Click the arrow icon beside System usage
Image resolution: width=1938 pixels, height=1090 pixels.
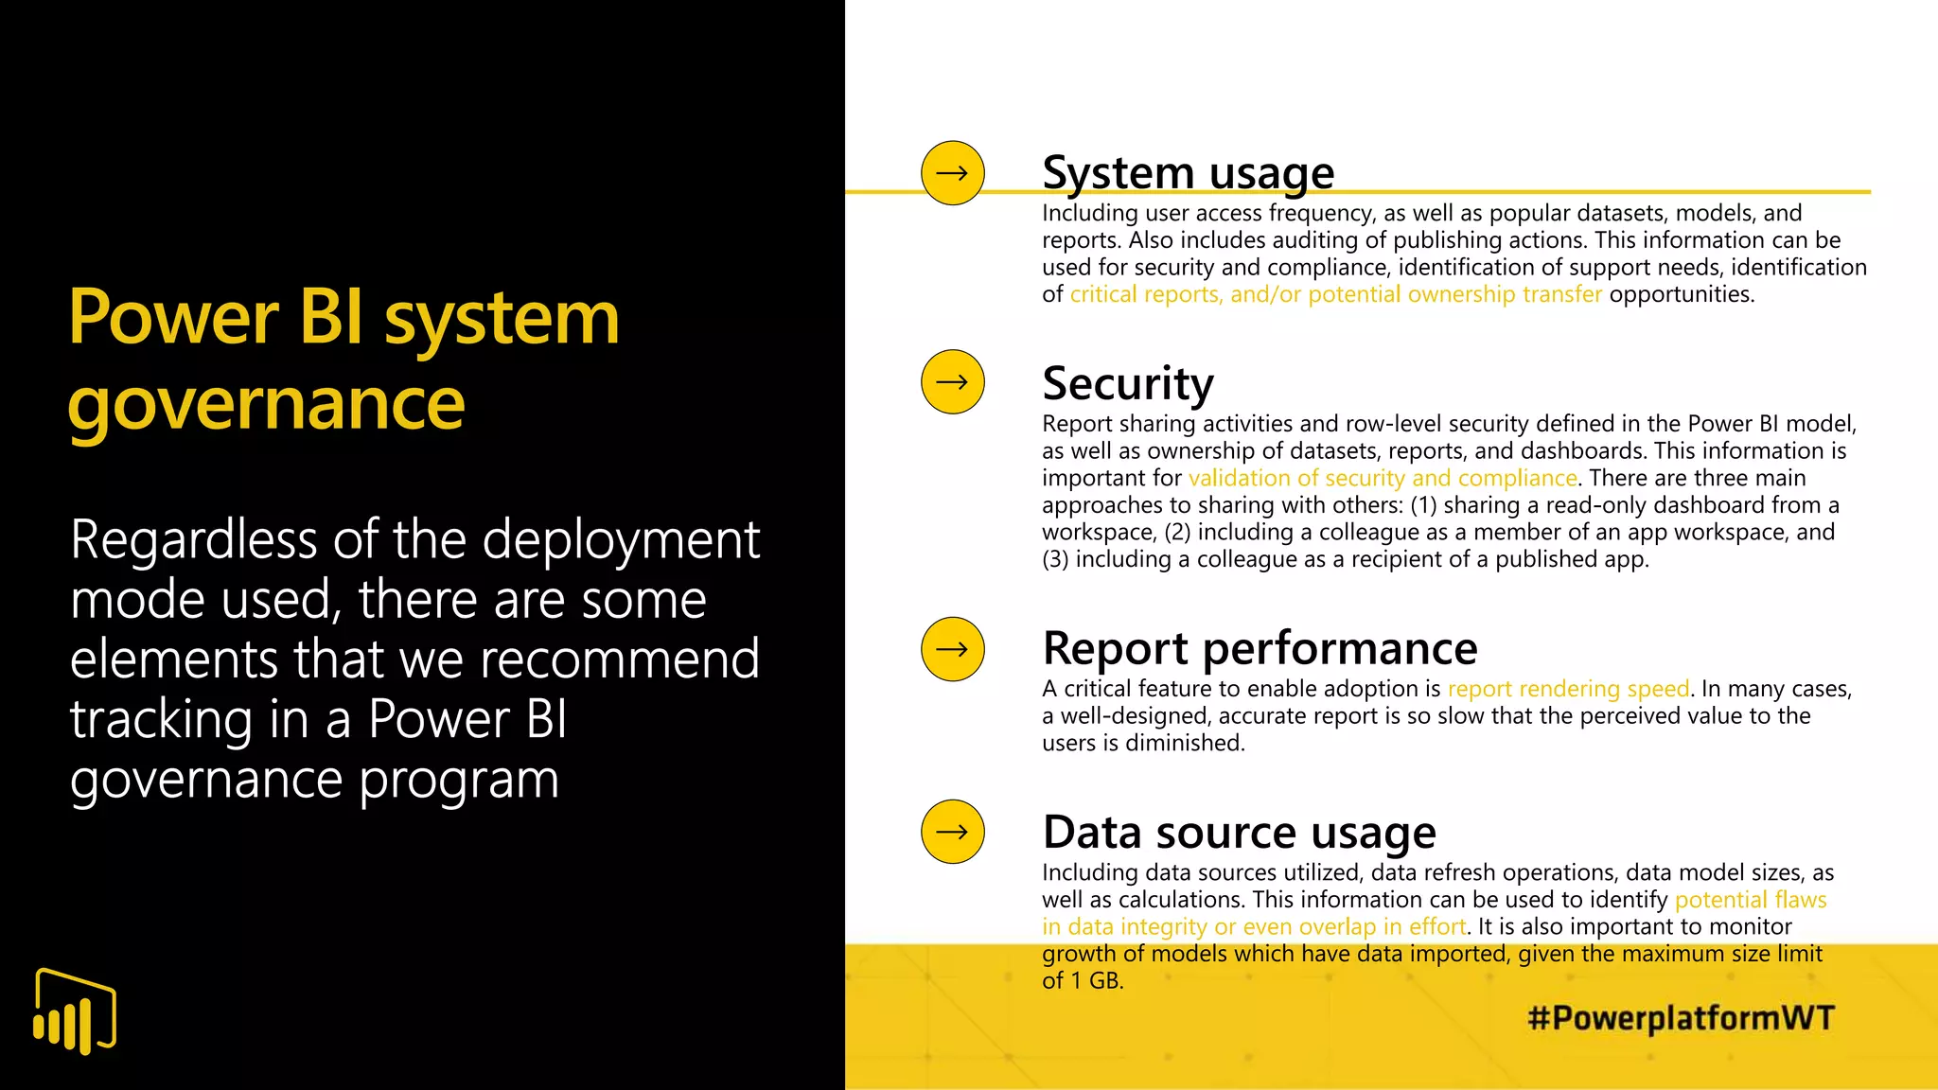pos(952,173)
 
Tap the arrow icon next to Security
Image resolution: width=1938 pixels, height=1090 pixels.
pos(952,382)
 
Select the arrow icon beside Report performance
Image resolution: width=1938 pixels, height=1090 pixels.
pos(952,649)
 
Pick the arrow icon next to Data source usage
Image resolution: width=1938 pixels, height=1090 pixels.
pos(952,832)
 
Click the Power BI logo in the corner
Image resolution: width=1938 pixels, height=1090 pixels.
pos(75,1011)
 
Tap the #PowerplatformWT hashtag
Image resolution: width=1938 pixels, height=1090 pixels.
pos(1681,1018)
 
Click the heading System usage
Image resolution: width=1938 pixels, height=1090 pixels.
pos(1188,173)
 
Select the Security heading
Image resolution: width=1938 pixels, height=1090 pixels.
pos(1127,384)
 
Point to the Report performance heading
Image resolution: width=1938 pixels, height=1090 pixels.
pos(1260,649)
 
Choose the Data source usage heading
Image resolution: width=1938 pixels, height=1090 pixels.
pos(1239,833)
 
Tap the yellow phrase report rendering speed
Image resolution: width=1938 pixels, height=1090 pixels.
pos(1568,689)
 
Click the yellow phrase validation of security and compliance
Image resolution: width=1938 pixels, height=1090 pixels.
pos(1383,478)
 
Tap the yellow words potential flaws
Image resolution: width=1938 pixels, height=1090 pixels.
pos(1750,900)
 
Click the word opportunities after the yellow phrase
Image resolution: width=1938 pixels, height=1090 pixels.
pos(1681,294)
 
